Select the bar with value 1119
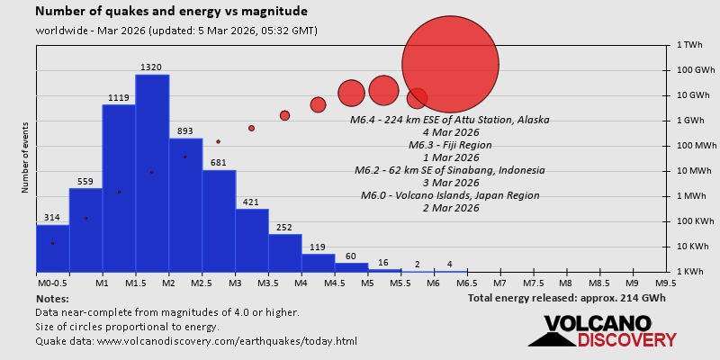(x=119, y=188)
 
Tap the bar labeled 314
(x=52, y=247)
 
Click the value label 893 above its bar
(x=185, y=131)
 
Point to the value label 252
(x=284, y=228)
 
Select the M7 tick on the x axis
(x=499, y=283)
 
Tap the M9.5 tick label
(x=666, y=283)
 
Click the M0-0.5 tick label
(x=52, y=283)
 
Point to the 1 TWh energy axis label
(x=689, y=45)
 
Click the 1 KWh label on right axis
(x=689, y=272)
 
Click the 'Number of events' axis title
(x=24, y=160)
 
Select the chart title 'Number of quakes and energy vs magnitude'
(x=171, y=12)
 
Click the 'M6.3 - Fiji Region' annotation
(x=449, y=145)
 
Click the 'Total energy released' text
(x=566, y=298)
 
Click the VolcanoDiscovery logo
(x=601, y=331)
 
